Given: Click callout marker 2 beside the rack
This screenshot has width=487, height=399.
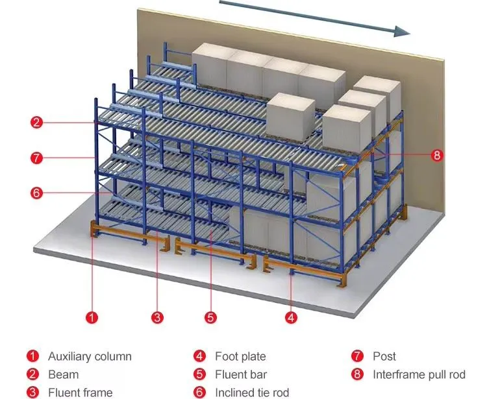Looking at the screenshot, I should click(x=37, y=121).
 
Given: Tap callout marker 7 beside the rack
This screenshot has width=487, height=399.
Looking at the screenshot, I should click(x=37, y=157).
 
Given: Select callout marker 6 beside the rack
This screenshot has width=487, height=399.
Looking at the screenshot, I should click(x=37, y=192).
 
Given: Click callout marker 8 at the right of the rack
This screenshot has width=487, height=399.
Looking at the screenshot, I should click(x=437, y=155).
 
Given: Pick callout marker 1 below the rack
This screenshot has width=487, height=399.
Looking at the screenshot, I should click(x=92, y=317).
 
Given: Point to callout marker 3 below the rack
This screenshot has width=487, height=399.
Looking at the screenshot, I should click(x=156, y=317).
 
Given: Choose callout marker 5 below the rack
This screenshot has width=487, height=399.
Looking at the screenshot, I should click(x=210, y=317).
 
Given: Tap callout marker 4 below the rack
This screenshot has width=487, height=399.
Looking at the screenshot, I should click(x=292, y=317).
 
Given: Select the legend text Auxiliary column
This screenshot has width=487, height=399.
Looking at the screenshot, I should click(x=90, y=356).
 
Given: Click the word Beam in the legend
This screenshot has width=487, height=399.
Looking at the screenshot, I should click(x=63, y=374).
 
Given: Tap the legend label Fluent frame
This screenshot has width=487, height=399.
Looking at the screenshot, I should click(x=80, y=393).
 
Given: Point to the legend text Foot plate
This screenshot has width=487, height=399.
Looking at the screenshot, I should click(x=240, y=356).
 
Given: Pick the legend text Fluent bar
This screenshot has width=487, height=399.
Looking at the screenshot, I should click(x=241, y=374).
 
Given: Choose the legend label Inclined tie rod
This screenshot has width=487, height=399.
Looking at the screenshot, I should click(x=252, y=393).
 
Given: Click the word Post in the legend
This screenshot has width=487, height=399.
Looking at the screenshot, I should click(x=384, y=356).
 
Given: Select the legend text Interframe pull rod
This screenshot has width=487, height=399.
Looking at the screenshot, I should click(x=419, y=374).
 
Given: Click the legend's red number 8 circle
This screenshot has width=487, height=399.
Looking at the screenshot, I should click(x=356, y=374).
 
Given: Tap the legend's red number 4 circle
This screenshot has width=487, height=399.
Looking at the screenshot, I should click(x=199, y=356).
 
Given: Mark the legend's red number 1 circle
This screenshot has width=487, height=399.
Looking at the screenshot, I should click(x=32, y=356).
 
